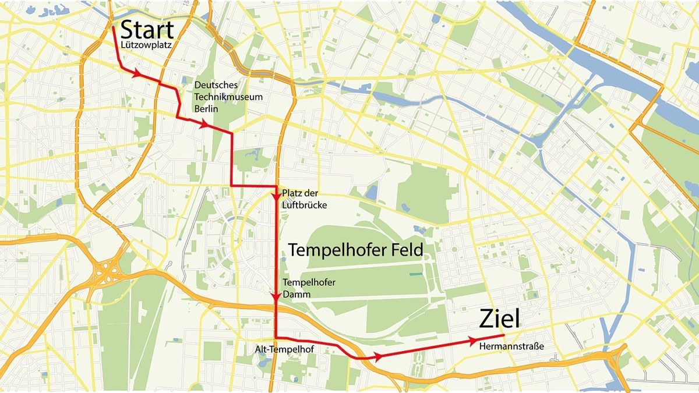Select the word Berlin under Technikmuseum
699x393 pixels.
tap(204, 109)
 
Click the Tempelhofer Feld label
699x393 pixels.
tap(355, 249)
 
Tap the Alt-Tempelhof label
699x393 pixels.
tap(277, 349)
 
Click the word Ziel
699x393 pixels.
tap(499, 319)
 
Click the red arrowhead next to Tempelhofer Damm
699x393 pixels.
tap(276, 298)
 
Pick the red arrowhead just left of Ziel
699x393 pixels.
tap(474, 340)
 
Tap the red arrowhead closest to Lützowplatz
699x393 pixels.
tap(138, 74)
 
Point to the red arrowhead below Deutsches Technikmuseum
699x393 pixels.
tap(204, 125)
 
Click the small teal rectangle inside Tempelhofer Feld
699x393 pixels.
tap(415, 273)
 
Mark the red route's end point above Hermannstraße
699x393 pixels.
tap(503, 335)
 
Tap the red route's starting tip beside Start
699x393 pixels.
tap(113, 27)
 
